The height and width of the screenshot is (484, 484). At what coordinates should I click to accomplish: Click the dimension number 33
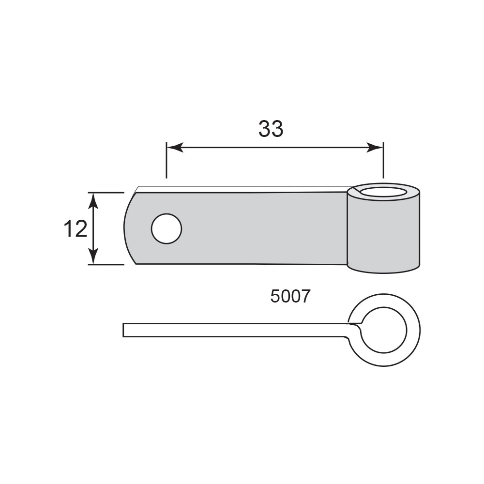click(271, 129)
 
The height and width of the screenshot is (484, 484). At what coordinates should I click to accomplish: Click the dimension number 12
click(76, 229)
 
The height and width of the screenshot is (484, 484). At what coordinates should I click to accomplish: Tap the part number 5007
click(290, 296)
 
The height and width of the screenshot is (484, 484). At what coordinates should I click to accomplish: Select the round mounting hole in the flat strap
click(166, 229)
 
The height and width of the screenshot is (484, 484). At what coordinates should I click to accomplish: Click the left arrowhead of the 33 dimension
click(175, 147)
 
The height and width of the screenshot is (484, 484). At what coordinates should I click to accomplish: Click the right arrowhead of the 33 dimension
click(375, 147)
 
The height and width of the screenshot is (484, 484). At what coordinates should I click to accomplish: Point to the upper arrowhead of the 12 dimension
click(93, 201)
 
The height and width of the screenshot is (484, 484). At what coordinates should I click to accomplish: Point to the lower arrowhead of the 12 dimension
click(93, 256)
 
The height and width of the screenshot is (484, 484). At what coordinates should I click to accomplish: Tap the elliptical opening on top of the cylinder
click(383, 192)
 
